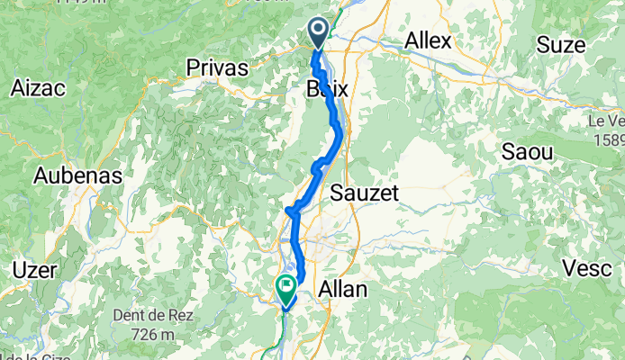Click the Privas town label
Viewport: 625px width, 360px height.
[216, 67]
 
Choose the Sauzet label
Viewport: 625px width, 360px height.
[364, 193]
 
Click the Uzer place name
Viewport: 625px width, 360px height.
[34, 270]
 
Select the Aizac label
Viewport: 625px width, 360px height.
[37, 88]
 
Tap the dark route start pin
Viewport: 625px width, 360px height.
[319, 32]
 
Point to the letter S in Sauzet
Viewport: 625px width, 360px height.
[338, 193]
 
